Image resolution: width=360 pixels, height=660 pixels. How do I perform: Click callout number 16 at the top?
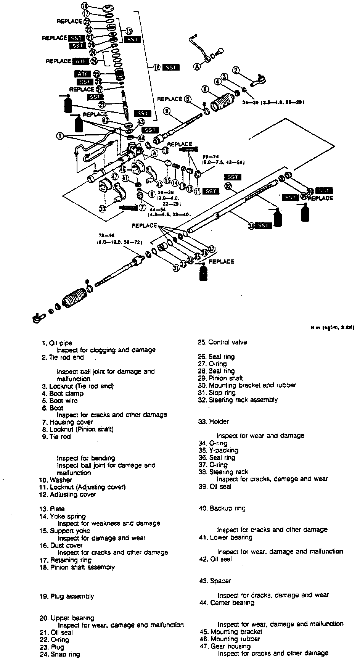pyautogui.click(x=85, y=6)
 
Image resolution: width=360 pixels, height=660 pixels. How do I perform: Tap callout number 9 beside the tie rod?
pyautogui.click(x=167, y=111)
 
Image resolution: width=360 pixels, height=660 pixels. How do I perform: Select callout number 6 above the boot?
pyautogui.click(x=206, y=89)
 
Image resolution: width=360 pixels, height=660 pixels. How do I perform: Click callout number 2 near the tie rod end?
pyautogui.click(x=236, y=70)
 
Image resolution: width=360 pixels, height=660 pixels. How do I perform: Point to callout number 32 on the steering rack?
pyautogui.click(x=228, y=186)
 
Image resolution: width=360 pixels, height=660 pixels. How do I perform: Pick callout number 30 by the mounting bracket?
pyautogui.click(x=102, y=208)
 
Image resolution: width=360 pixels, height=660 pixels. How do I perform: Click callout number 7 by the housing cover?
pyautogui.click(x=142, y=208)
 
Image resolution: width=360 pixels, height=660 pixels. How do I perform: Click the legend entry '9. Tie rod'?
pyautogui.click(x=56, y=436)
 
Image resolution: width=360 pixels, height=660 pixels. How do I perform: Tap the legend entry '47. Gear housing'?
pyautogui.click(x=225, y=646)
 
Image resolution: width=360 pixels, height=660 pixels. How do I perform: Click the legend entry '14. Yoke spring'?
pyautogui.click(x=63, y=516)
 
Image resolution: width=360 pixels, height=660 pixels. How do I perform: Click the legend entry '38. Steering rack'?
pyautogui.click(x=223, y=472)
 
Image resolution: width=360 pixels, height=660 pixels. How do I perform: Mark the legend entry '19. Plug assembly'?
pyautogui.click(x=67, y=596)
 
